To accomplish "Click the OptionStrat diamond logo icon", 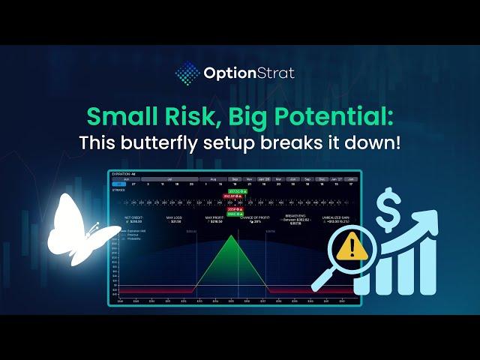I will (187, 73).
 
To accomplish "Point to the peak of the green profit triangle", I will (232, 236).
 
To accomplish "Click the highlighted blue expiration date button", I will (119, 183).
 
